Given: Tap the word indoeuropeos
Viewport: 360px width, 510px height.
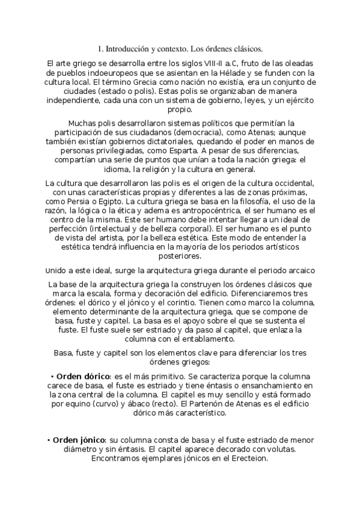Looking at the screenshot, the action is coord(106,72).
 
